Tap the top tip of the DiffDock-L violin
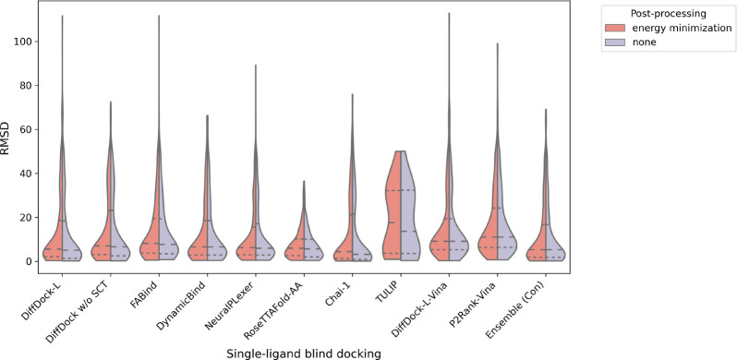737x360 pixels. [x=63, y=16]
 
